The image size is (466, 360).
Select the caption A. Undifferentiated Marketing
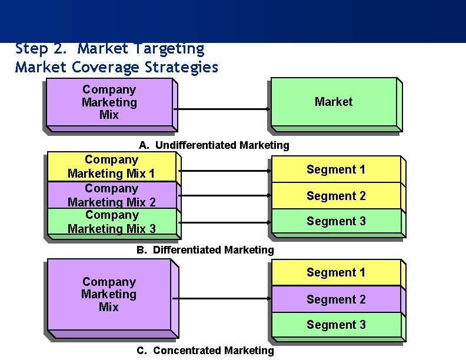(214, 145)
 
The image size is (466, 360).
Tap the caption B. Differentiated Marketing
(205, 250)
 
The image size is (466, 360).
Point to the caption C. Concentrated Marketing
(205, 351)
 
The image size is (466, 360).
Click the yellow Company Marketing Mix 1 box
(111, 166)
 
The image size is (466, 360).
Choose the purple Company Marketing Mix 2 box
(111, 195)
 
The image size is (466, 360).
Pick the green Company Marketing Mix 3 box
(111, 222)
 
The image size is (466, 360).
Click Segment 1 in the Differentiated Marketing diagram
(335, 169)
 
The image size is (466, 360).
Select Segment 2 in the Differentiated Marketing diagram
(335, 196)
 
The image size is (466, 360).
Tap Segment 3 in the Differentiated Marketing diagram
(335, 221)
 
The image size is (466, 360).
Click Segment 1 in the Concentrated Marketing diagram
(335, 272)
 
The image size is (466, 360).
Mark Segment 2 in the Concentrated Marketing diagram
(335, 299)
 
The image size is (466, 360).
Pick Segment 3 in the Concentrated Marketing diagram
(335, 325)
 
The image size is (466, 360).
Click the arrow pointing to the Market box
(222, 109)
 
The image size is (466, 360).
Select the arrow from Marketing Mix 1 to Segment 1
(224, 171)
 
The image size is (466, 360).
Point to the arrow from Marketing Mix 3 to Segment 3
(224, 222)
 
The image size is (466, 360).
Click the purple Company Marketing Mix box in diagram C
(109, 294)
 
